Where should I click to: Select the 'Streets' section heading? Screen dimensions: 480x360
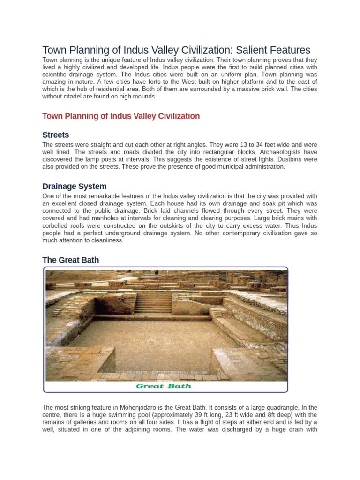click(56, 135)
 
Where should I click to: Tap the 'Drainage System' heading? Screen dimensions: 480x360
click(75, 186)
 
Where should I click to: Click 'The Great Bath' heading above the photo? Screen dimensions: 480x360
click(70, 260)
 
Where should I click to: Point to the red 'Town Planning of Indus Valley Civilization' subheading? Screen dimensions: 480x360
click(121, 116)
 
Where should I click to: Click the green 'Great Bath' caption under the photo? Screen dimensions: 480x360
click(164, 386)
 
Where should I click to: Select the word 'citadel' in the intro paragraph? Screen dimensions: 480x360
click(80, 97)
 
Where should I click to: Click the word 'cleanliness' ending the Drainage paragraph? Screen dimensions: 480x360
click(105, 240)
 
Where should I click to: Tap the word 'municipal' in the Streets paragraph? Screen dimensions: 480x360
click(225, 167)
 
